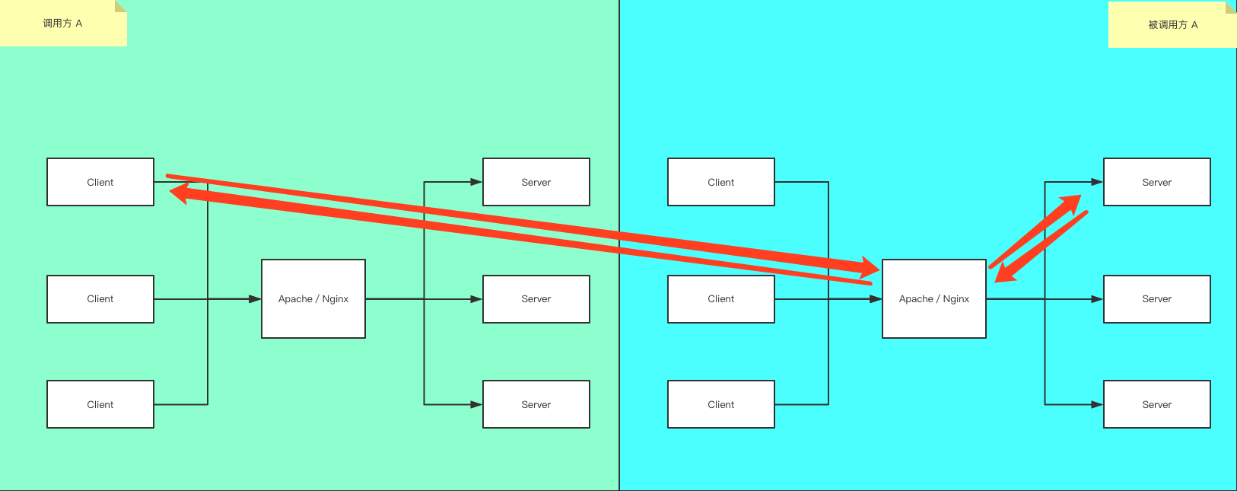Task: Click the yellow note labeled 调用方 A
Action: click(62, 24)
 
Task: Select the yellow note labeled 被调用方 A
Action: click(1172, 25)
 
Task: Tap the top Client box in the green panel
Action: click(100, 182)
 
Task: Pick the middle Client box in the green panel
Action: click(100, 299)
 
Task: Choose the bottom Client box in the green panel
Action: click(100, 404)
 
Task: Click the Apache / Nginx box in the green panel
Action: click(313, 299)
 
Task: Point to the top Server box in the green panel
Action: click(536, 182)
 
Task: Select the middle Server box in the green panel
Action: click(536, 299)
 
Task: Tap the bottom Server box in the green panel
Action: click(536, 404)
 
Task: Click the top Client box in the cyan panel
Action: click(721, 182)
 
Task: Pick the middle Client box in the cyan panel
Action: click(721, 299)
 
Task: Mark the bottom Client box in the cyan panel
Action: click(721, 404)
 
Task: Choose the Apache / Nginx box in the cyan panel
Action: click(934, 299)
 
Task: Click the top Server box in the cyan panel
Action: click(1157, 182)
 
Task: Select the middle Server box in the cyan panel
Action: click(1157, 299)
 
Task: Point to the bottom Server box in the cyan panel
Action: click(1157, 404)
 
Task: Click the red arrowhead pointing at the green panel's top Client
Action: click(178, 193)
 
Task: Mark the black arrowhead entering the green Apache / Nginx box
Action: click(255, 299)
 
